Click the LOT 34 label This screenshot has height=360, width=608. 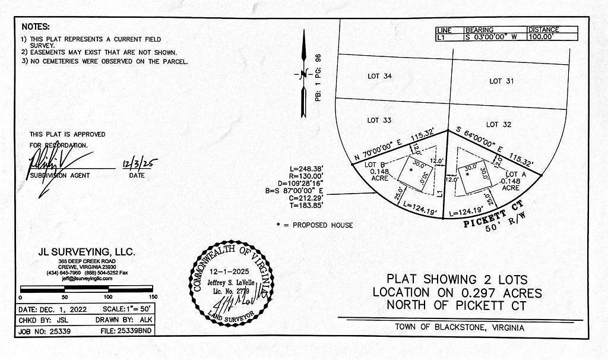coord(379,76)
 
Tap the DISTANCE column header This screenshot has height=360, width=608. coord(543,30)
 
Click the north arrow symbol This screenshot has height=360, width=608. coord(303,75)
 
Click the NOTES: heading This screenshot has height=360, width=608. coord(36,27)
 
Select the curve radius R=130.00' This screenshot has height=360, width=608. coord(306,176)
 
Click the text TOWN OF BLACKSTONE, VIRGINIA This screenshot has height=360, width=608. coord(460,328)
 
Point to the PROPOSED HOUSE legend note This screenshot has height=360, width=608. coord(315,225)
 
